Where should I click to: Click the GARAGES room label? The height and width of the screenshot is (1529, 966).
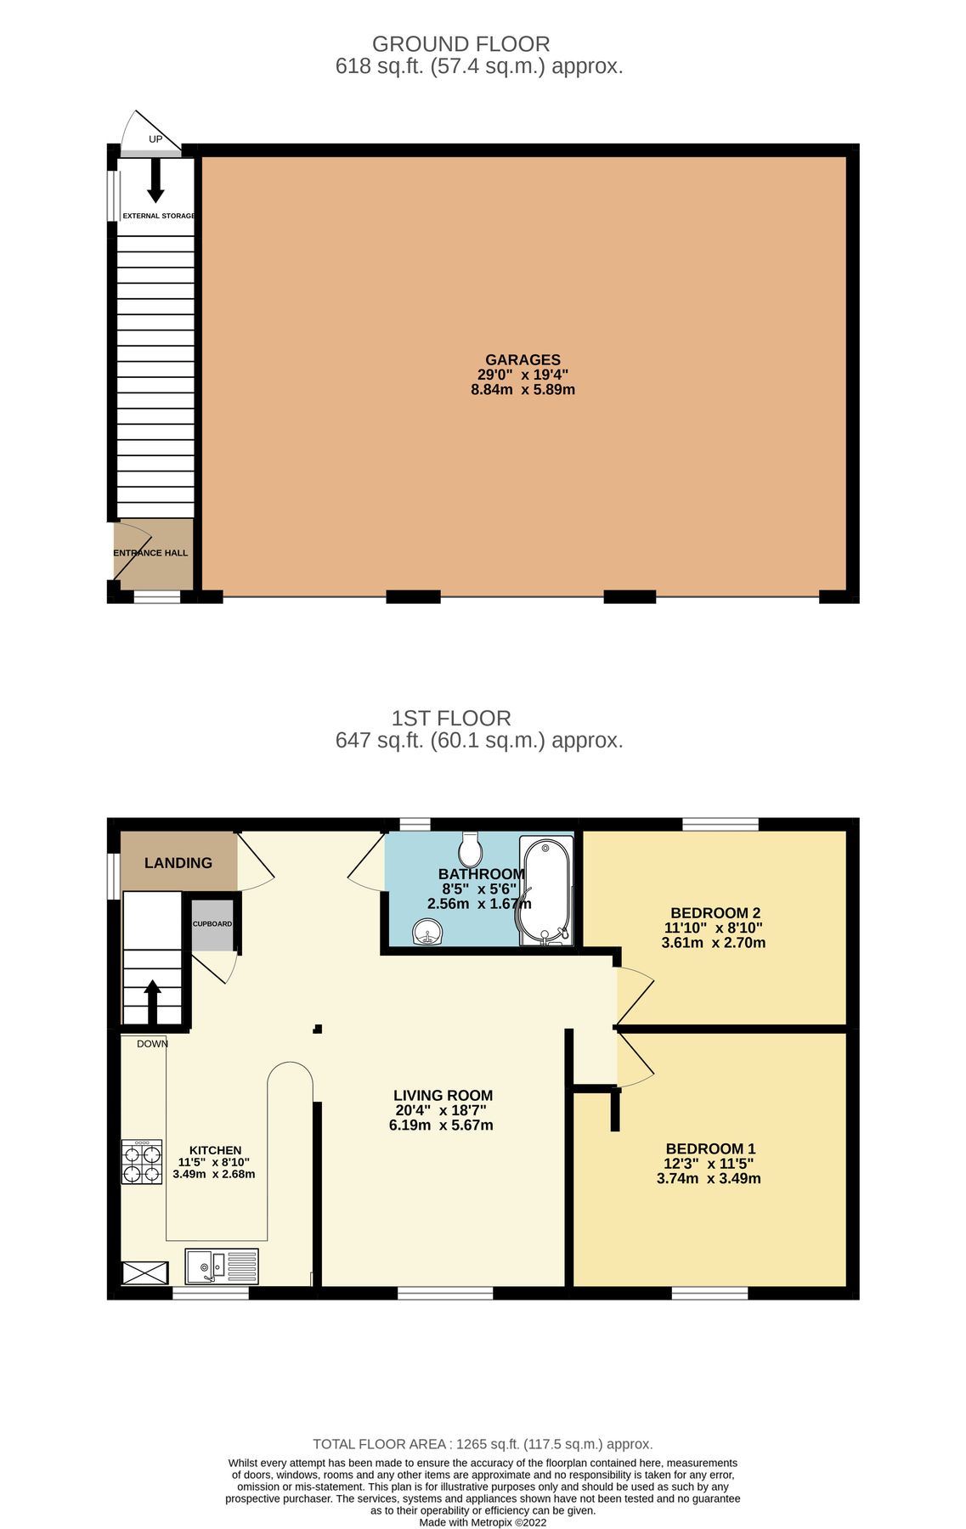[523, 360]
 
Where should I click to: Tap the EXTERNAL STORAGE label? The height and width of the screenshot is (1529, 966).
[159, 217]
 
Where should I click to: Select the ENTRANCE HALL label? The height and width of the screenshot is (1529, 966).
[151, 553]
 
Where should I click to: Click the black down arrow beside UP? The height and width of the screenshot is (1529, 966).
[155, 179]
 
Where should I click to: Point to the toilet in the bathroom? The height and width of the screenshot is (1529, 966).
[470, 848]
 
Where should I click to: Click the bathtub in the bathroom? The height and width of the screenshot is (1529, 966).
[547, 892]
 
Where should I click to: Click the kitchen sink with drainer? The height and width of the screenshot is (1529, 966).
[222, 1266]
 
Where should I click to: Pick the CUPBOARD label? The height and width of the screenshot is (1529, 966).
[212, 924]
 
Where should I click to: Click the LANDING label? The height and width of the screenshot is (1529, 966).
[178, 863]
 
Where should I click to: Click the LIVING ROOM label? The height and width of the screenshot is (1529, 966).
[443, 1096]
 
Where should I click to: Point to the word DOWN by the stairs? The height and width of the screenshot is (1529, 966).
[152, 1044]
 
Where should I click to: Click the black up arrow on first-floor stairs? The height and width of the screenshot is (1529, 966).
[153, 1002]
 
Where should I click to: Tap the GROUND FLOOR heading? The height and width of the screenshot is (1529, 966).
[460, 44]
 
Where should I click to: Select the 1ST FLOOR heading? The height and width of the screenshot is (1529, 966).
[451, 719]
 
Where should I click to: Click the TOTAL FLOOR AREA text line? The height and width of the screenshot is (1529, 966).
[483, 1444]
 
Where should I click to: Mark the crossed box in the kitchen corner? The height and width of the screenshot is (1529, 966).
[145, 1273]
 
